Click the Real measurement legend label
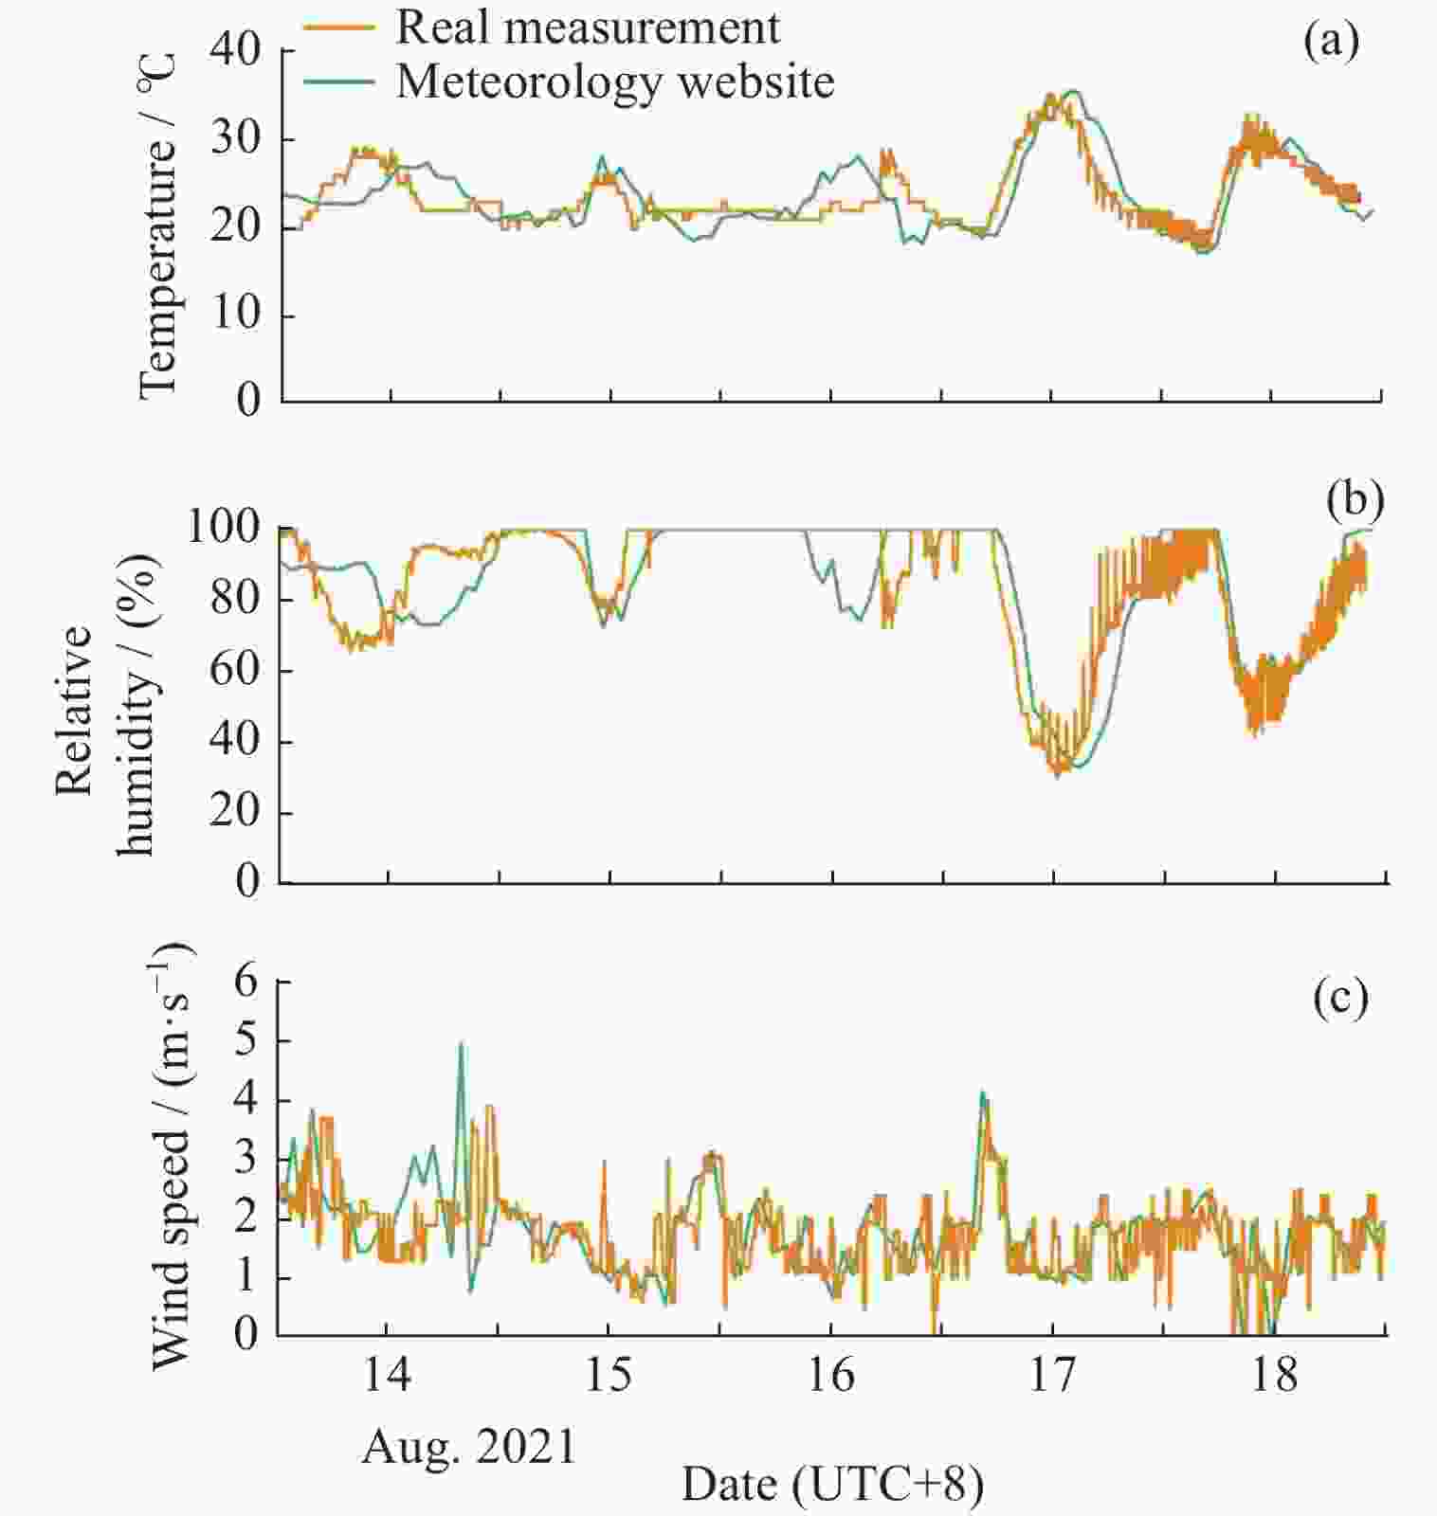(587, 27)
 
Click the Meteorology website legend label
(614, 81)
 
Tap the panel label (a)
(1330, 43)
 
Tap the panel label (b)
(1355, 502)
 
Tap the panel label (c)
(1340, 999)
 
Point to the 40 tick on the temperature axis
(234, 51)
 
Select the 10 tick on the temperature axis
(234, 315)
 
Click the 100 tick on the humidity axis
(223, 528)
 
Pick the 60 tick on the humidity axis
(234, 670)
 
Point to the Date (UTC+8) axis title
(832, 1485)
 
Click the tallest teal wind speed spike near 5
(462, 1045)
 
